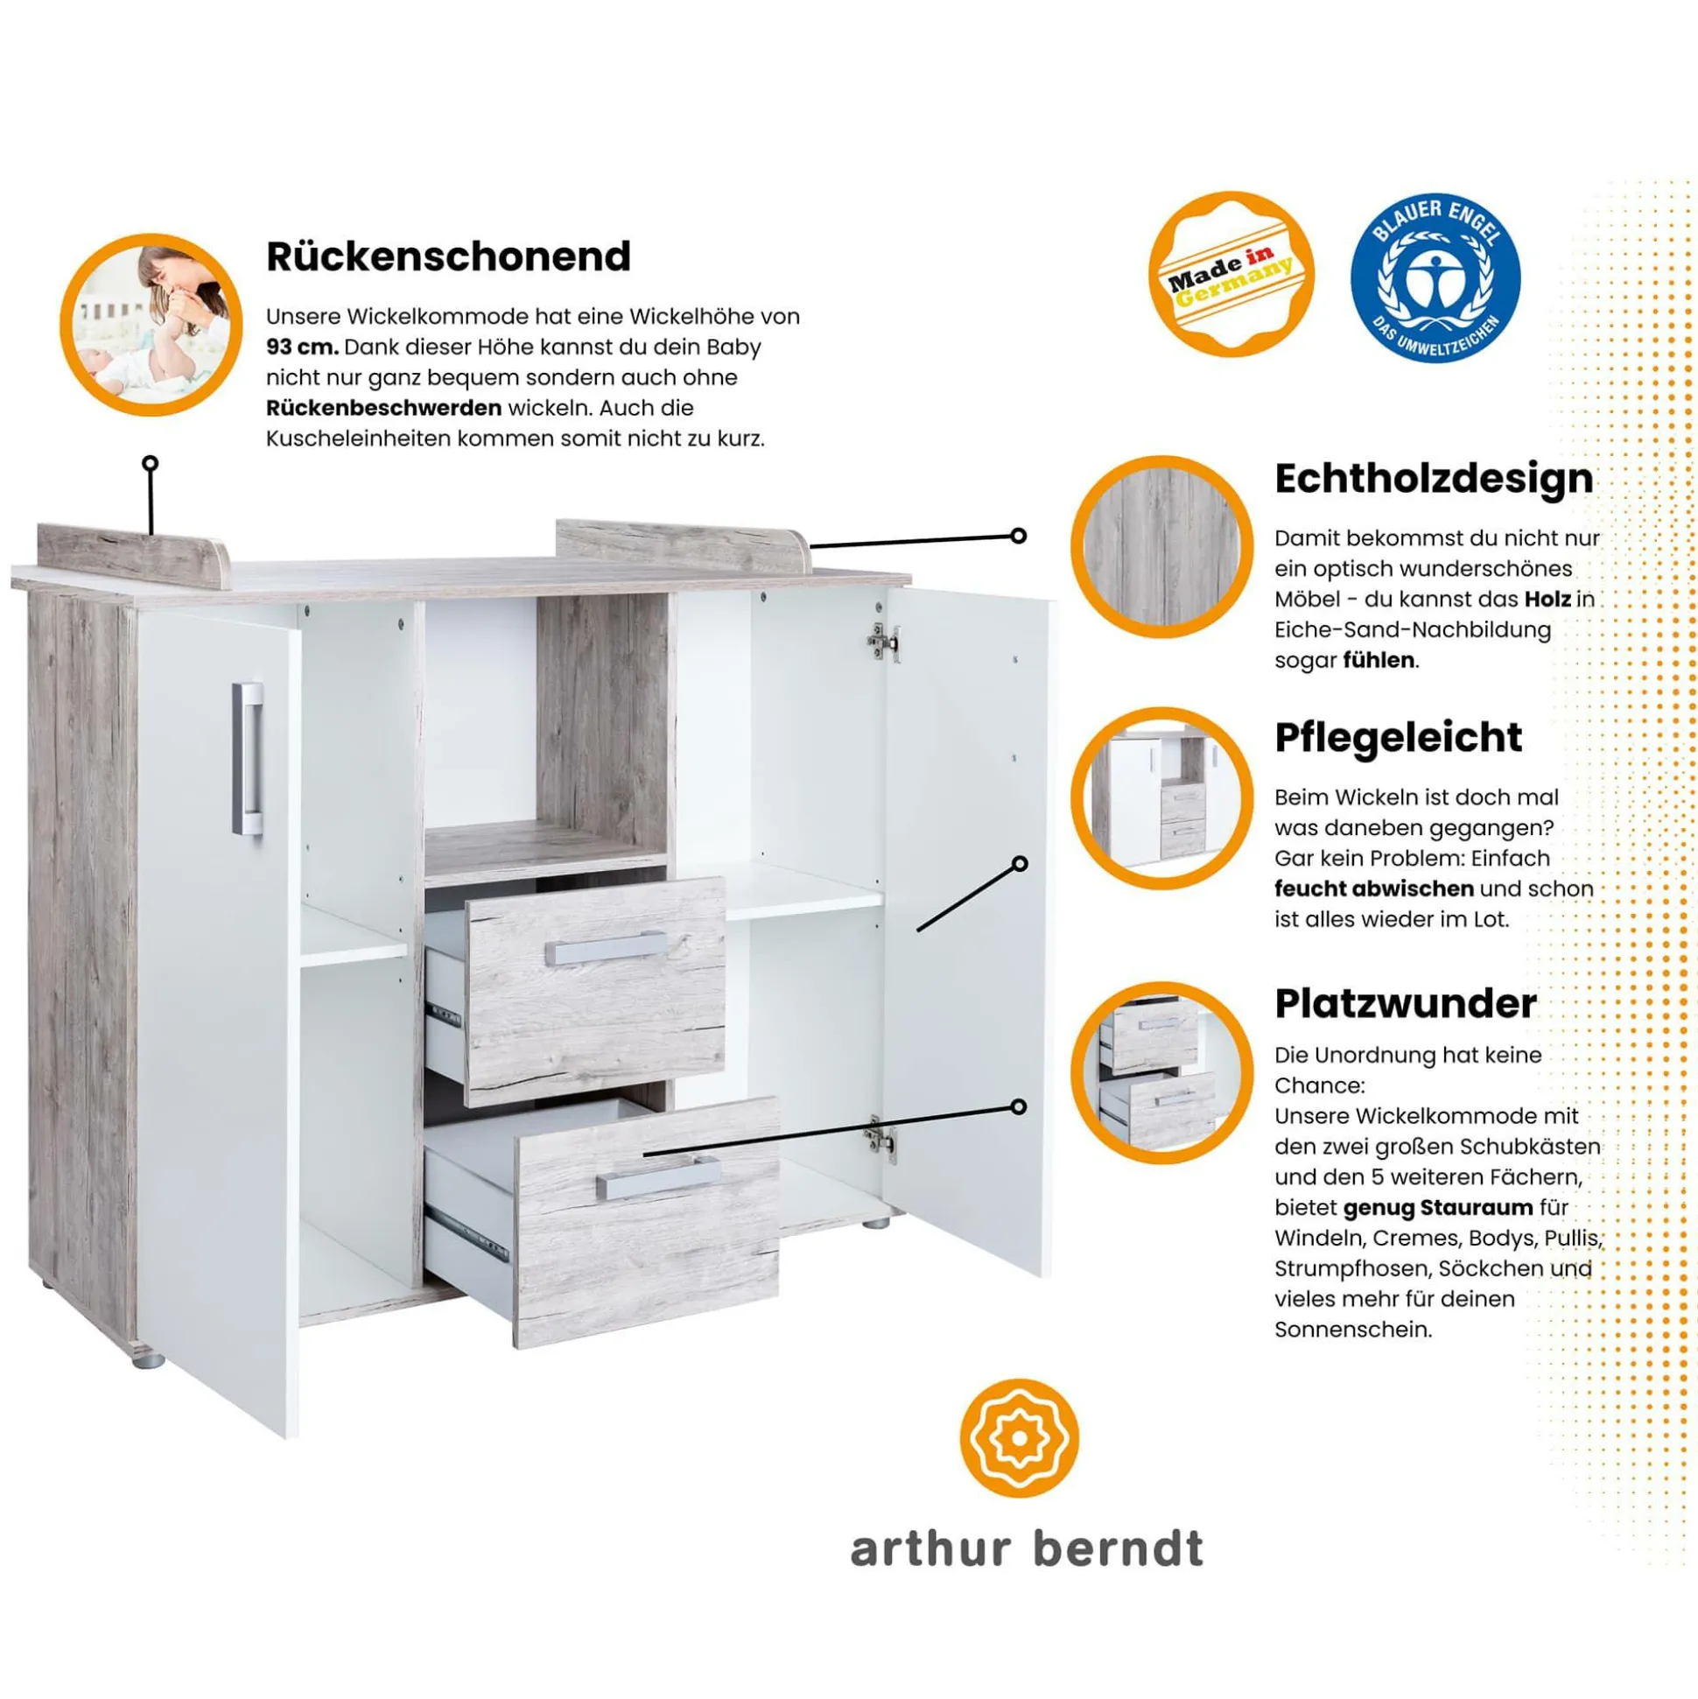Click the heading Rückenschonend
[x=448, y=256]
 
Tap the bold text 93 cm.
[x=303, y=347]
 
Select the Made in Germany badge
[x=1231, y=274]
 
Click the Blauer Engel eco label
[x=1435, y=277]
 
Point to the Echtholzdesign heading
[x=1434, y=480]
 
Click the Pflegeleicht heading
[x=1398, y=738]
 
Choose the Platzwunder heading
[x=1405, y=1003]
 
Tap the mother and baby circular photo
[x=151, y=325]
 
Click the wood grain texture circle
[x=1161, y=547]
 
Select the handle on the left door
[x=248, y=758]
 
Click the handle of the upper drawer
[x=606, y=948]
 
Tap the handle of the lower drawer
[x=657, y=1177]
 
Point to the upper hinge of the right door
[x=884, y=642]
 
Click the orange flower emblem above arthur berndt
[x=1019, y=1439]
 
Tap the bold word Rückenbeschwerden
[x=383, y=408]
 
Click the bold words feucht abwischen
[x=1373, y=888]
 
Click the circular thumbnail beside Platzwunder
[x=1161, y=1072]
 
